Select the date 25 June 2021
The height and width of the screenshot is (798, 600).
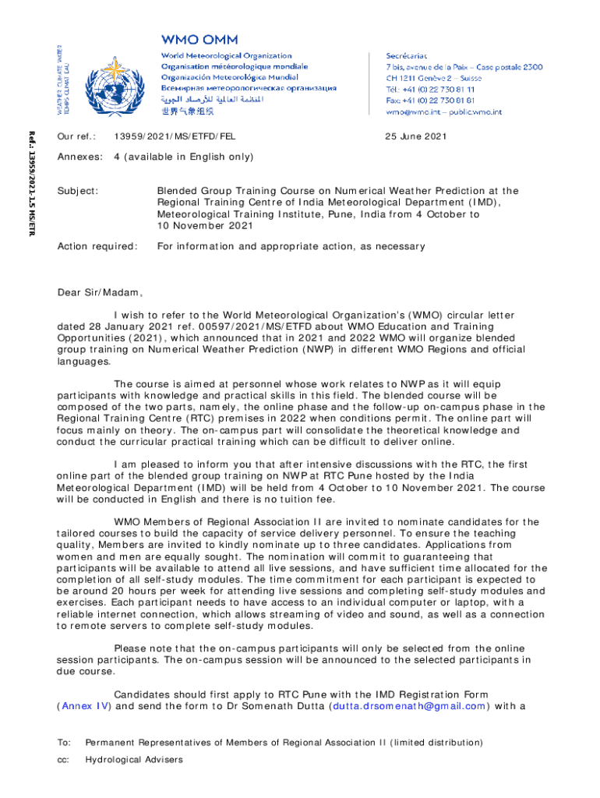coord(416,136)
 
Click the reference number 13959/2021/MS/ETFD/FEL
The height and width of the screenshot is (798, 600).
coord(175,136)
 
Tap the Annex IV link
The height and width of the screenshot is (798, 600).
coord(85,707)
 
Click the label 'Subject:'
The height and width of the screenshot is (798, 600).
coord(78,190)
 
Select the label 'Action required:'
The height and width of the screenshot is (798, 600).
coord(97,246)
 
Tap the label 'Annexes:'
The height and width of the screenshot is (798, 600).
coord(80,157)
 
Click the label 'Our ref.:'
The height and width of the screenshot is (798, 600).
coord(76,136)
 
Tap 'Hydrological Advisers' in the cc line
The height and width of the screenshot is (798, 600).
coord(134,759)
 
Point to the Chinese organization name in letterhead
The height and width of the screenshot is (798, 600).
coord(187,111)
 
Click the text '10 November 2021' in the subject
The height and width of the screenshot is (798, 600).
coord(205,226)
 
